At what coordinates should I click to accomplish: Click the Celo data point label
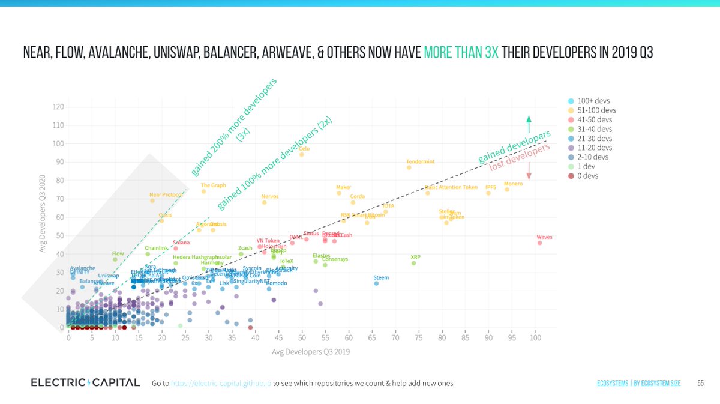tap(304, 148)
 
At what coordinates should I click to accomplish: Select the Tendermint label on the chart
tap(420, 161)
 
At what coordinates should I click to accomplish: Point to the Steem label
tap(381, 277)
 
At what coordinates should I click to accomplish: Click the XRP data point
tap(413, 263)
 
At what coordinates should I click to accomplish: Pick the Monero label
tap(513, 184)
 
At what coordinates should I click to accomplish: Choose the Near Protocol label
tap(166, 194)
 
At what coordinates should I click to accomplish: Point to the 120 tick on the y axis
tap(58, 107)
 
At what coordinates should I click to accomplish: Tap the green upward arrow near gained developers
tap(529, 124)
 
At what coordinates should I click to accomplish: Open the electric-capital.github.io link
tap(221, 383)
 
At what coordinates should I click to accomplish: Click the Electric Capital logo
tap(85, 382)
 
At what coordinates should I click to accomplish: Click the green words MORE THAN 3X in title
tap(461, 53)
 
